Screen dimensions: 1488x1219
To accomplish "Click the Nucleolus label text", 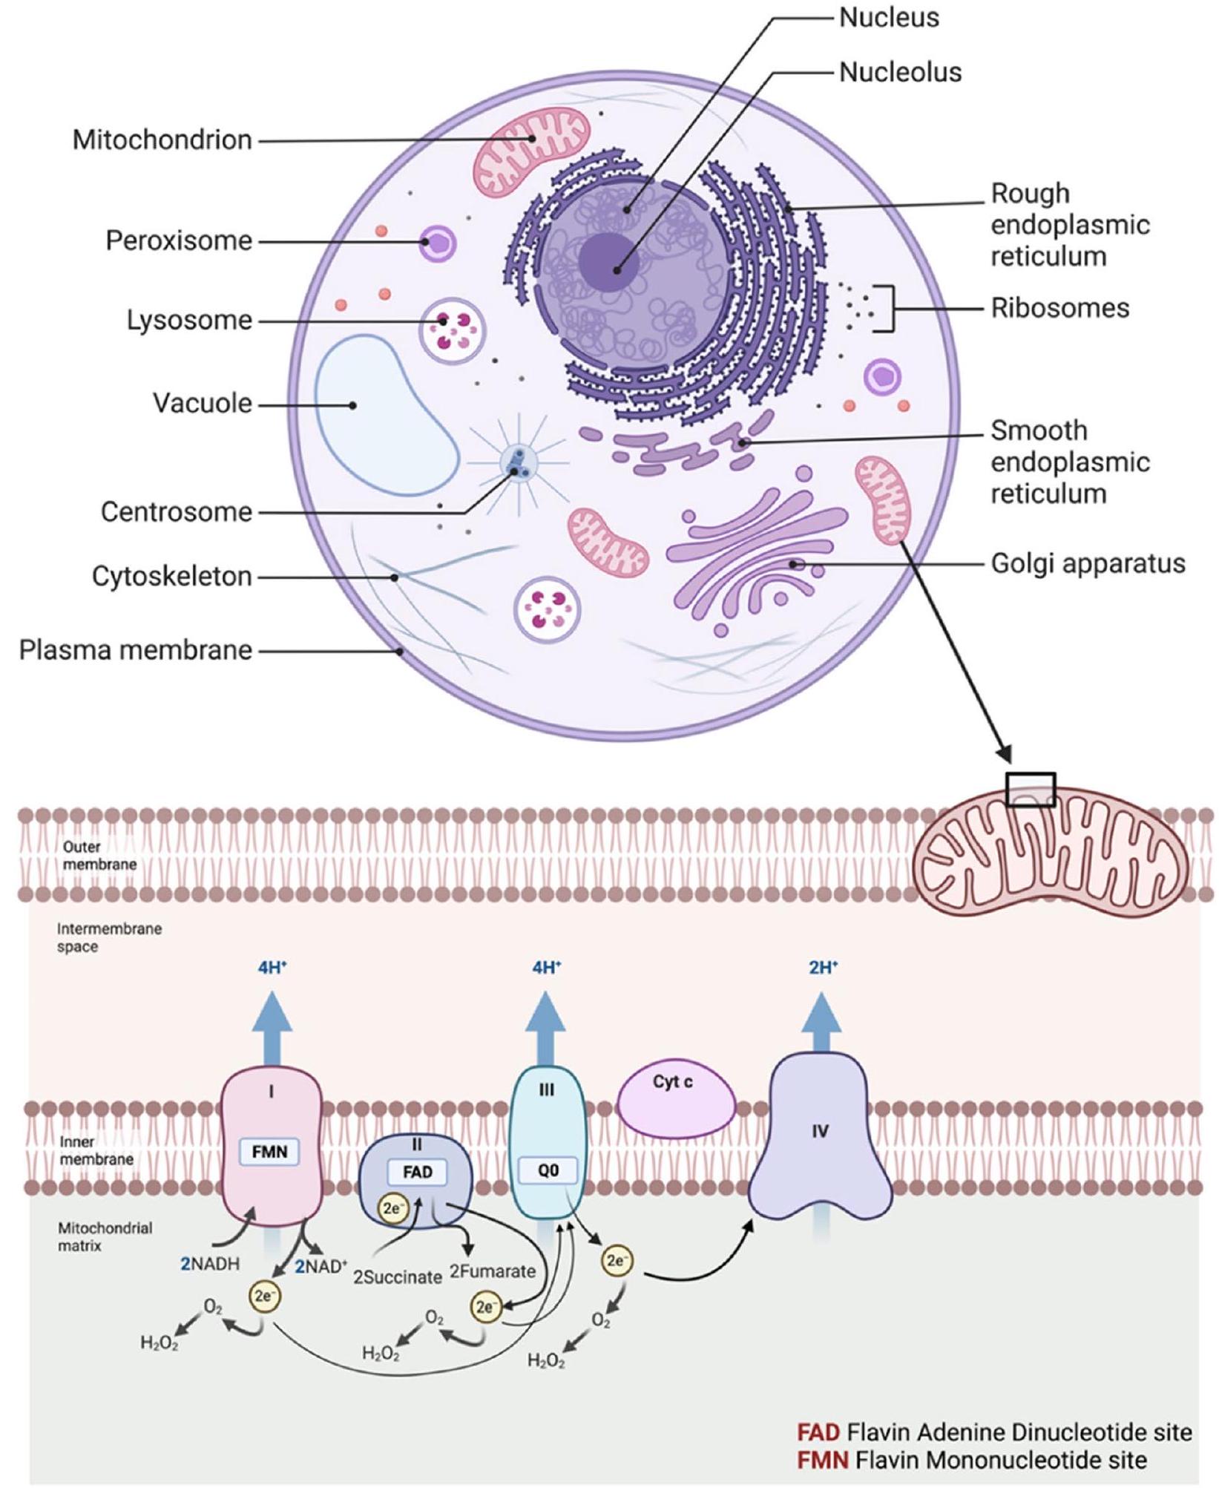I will [899, 72].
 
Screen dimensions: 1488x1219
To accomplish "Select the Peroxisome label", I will [179, 240].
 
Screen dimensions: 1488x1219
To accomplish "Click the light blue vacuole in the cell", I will [386, 416].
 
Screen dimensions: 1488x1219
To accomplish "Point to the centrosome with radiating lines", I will [518, 464].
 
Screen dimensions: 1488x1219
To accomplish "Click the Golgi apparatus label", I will [1088, 563].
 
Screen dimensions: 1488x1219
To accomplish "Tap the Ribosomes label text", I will [1059, 307].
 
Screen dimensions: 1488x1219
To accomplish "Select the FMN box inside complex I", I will [269, 1152].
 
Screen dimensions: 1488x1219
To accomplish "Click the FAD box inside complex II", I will [417, 1172].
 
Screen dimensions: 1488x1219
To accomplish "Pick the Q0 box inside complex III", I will [548, 1170].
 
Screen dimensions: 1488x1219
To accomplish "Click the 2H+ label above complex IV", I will [823, 967].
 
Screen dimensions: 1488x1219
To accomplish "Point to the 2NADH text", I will [210, 1264].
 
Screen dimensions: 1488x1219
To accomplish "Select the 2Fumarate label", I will [492, 1271].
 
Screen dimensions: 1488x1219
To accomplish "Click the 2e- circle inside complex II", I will [393, 1208].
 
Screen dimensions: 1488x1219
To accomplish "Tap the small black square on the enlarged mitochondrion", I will [1030, 789].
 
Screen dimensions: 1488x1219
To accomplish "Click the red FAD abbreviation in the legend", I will [818, 1432].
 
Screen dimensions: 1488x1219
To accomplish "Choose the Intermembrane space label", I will [108, 937].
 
